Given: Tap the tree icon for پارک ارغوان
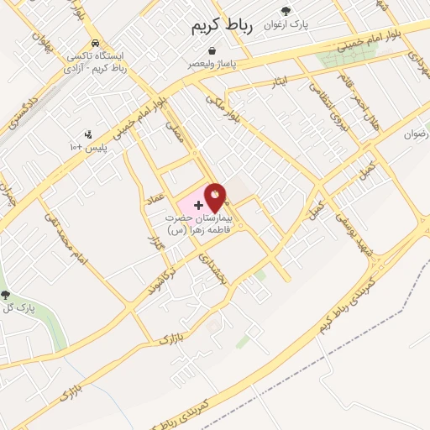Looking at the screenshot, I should point(286,11).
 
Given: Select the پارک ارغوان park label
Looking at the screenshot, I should point(286,24).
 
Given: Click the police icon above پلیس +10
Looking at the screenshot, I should point(87,134).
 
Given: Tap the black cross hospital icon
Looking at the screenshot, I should point(198,205).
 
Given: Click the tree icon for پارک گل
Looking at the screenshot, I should point(7,295).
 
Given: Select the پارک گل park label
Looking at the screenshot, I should point(21,308).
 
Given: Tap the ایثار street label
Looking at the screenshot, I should point(281,82).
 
